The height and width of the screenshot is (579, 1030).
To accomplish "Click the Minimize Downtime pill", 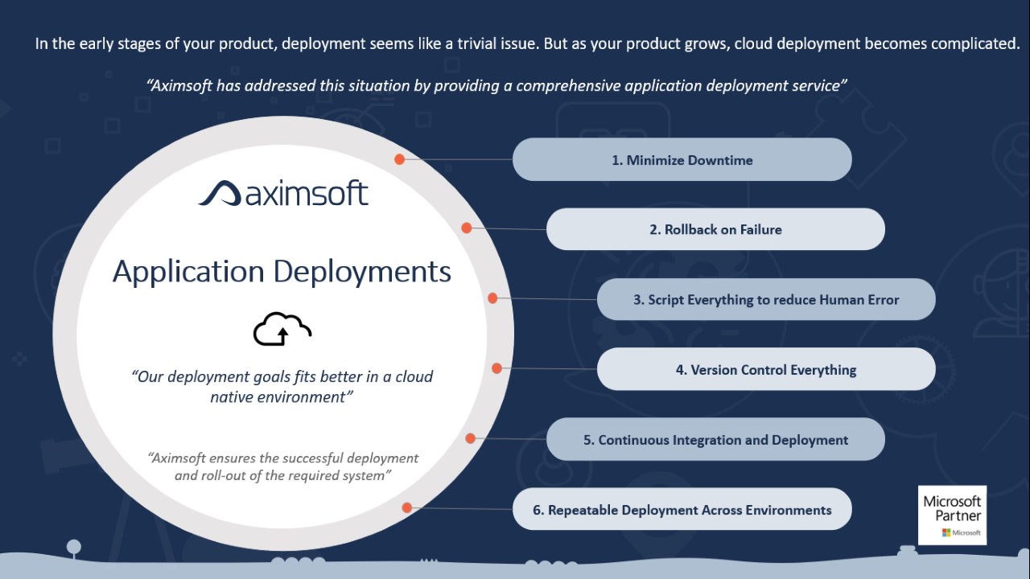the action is [682, 159].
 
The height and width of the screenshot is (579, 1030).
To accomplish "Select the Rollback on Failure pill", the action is [715, 229].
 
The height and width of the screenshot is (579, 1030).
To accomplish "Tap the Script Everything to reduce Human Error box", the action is [766, 299].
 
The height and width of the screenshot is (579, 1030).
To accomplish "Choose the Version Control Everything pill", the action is [766, 369].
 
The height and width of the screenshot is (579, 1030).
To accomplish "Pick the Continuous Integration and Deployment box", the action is [715, 439].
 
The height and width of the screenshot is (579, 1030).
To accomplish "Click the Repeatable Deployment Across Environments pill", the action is [682, 509].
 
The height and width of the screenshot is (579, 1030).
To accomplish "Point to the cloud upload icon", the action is [282, 329].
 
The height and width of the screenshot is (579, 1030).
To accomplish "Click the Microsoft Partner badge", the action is [952, 515].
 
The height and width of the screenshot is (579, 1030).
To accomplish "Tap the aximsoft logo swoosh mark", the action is [220, 194].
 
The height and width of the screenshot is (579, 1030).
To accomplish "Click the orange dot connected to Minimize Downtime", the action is [399, 159].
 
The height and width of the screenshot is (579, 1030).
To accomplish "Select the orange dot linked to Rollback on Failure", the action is [466, 228].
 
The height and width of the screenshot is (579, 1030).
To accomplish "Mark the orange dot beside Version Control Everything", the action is [496, 368].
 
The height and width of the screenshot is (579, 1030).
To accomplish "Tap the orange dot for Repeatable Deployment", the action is [407, 507].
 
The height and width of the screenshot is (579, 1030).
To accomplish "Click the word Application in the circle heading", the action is [188, 272].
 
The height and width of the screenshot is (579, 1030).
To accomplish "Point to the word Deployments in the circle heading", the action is [362, 272].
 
